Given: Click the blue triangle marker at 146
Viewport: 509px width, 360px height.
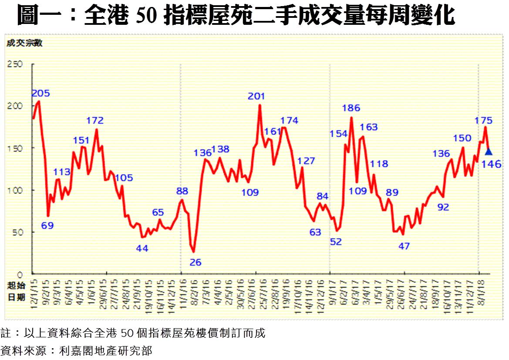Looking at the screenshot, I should (489, 152).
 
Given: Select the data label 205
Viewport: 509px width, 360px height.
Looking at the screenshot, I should (40, 93).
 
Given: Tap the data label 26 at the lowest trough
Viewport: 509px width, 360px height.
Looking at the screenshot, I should (196, 262).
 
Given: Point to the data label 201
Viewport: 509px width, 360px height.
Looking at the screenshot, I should (256, 96).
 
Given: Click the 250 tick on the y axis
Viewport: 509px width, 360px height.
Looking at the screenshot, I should (14, 64).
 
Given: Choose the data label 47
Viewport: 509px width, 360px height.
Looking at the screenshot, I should (404, 246).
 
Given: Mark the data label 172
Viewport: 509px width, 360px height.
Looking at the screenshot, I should (95, 120).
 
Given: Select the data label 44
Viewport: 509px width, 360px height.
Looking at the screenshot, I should (142, 249).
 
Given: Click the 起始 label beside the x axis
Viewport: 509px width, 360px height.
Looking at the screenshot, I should (14, 286).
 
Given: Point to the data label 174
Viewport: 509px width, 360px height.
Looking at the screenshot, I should (290, 120).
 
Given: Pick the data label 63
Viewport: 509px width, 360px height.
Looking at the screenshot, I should (315, 232).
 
